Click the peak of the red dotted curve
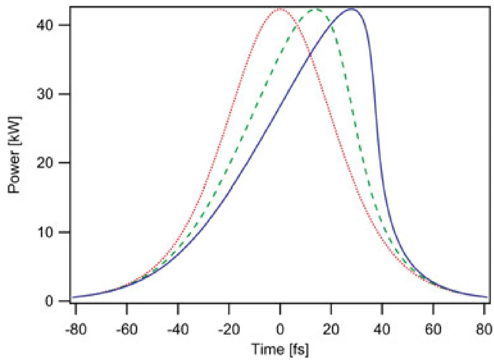pos(280,9)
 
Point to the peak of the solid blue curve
pos(352,9)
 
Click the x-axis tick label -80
pos(76,329)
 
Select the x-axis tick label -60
pos(127,329)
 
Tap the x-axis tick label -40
pos(178,329)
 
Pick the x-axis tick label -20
pos(229,329)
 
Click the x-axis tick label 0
pos(280,329)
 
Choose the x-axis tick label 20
pos(331,329)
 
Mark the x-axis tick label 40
pos(382,329)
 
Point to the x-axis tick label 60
pos(433,329)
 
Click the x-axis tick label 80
pos(484,329)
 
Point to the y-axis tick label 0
pos(49,301)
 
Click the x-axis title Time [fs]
pos(280,349)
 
